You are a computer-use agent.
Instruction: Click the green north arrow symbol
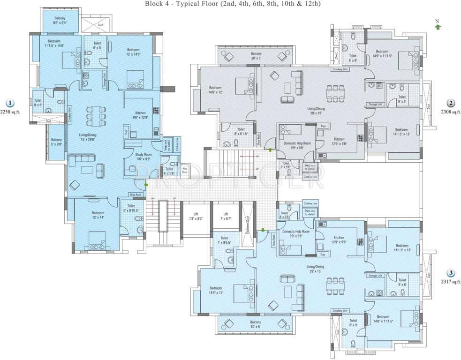(438, 27)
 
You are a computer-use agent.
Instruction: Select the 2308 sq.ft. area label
(451, 112)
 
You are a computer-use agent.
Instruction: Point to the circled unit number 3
(450, 273)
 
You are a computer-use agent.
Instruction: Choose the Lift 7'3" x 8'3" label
(196, 216)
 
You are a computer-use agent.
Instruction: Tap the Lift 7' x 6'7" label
(226, 216)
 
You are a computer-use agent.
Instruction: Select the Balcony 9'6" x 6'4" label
(59, 20)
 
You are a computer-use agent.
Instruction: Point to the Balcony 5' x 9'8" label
(56, 142)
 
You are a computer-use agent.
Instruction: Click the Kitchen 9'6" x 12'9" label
(140, 116)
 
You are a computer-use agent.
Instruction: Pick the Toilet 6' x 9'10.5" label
(131, 208)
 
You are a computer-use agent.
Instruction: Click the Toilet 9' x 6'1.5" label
(241, 132)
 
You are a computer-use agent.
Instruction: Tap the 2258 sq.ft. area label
(11, 112)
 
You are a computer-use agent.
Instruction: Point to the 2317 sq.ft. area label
(451, 282)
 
